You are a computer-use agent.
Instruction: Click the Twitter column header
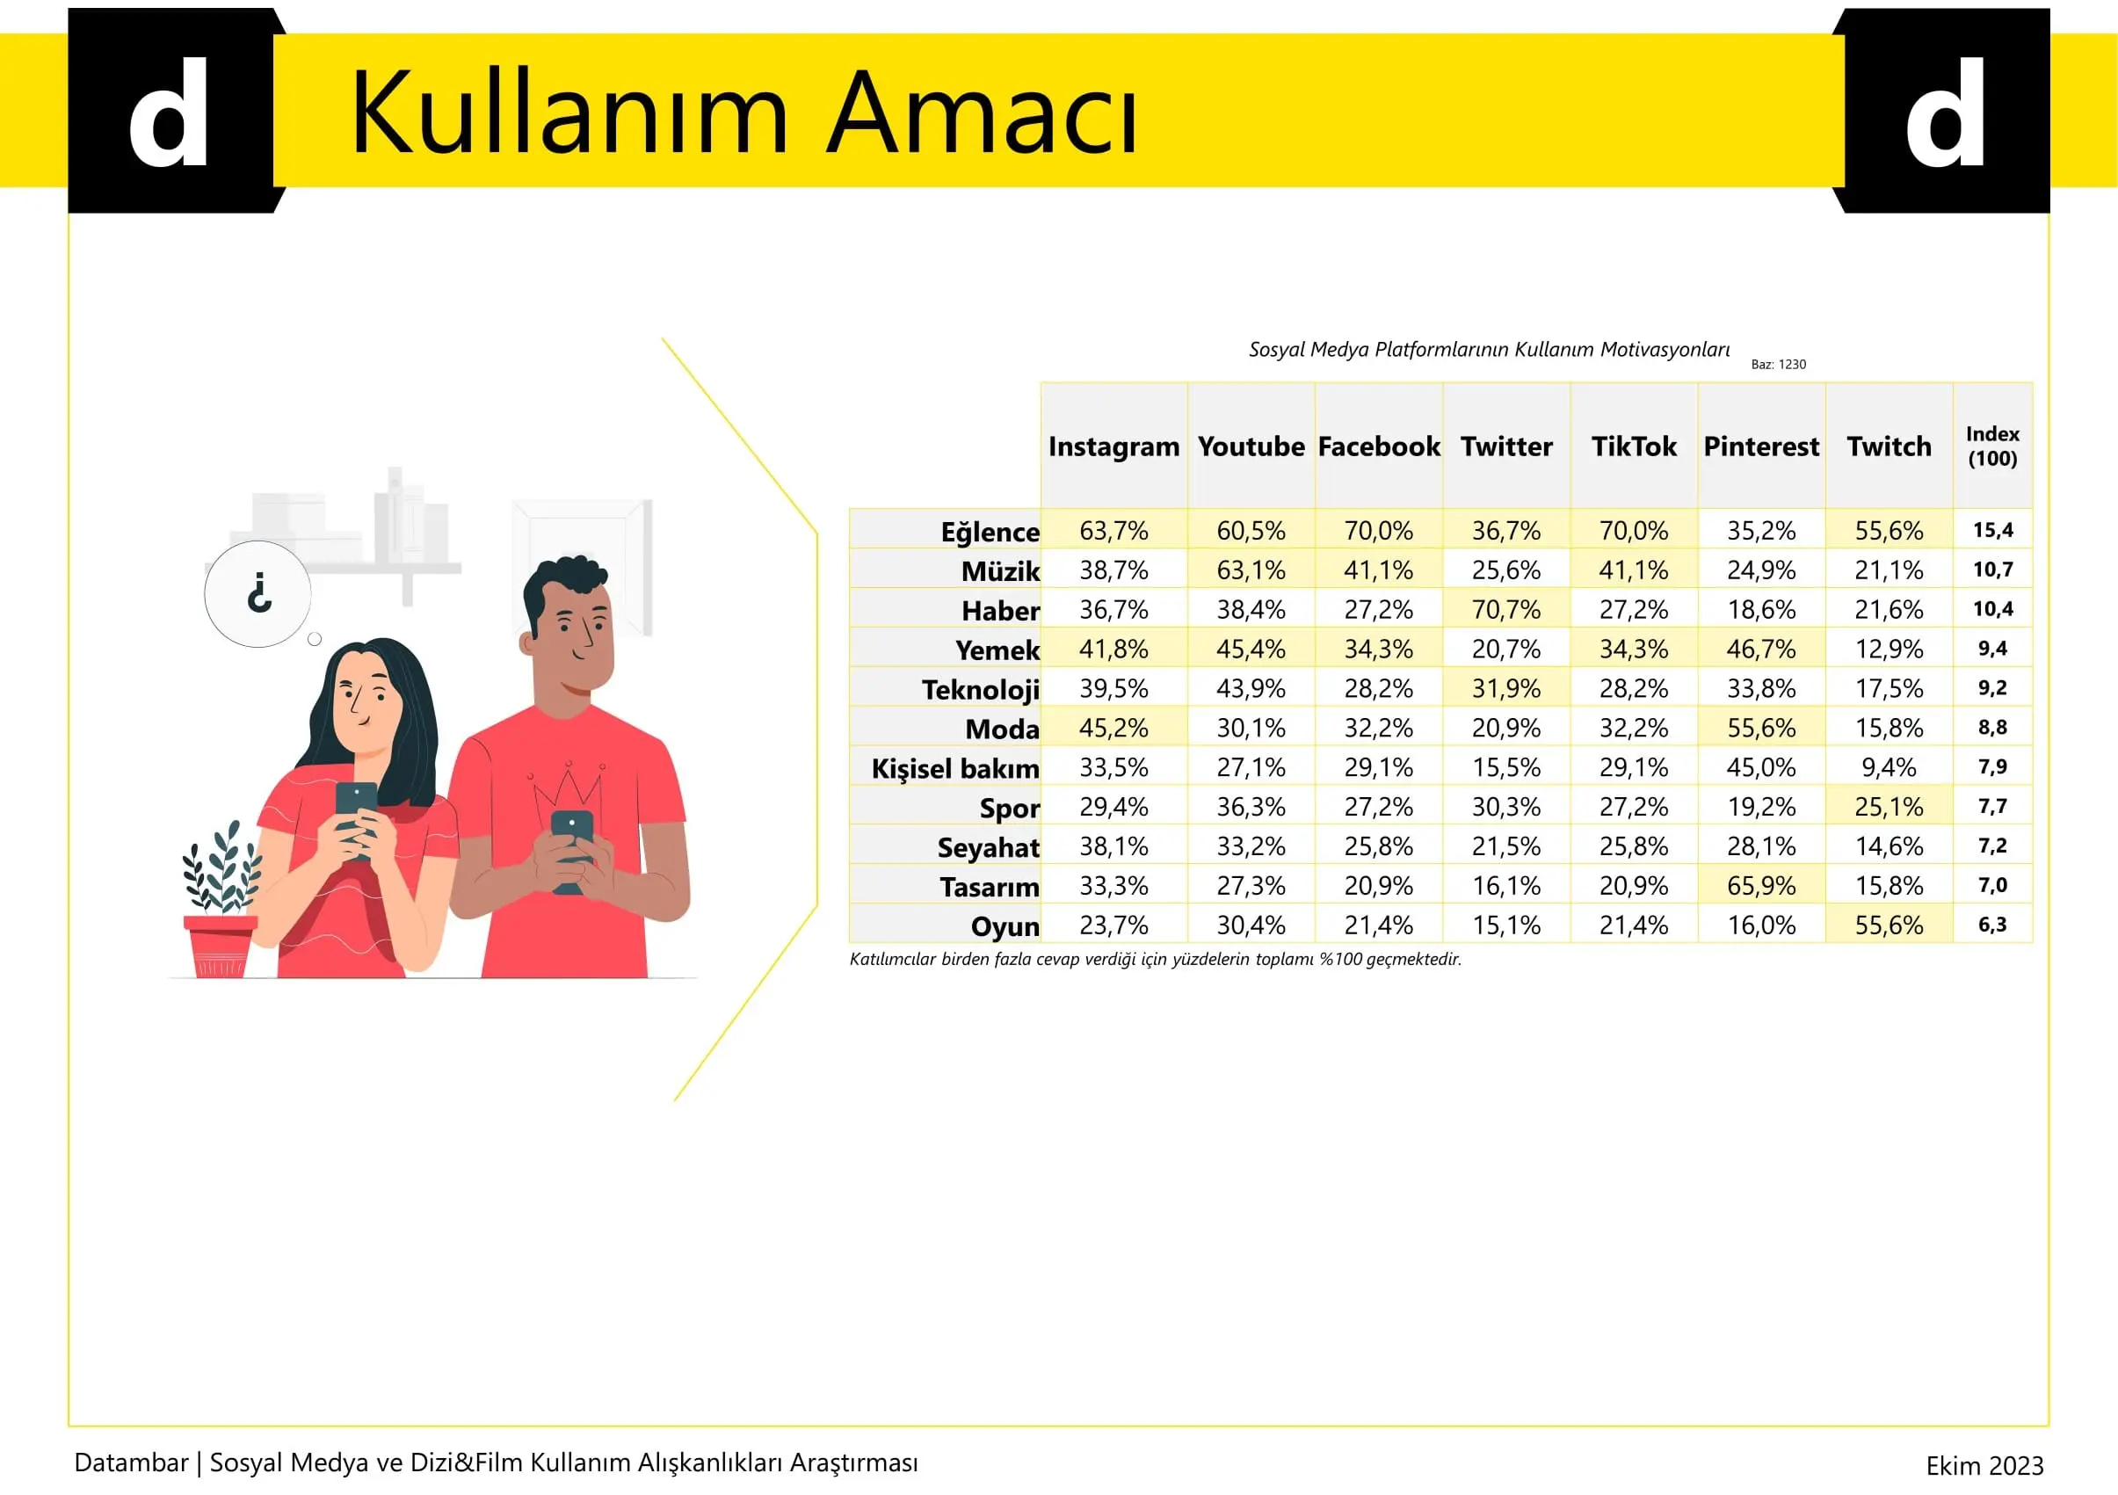pyautogui.click(x=1506, y=446)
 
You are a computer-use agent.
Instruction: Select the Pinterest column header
pyautogui.click(x=1761, y=446)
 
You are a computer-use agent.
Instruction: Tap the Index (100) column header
pyautogui.click(x=1992, y=446)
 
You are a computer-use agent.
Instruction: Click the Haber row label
pyautogui.click(x=1001, y=611)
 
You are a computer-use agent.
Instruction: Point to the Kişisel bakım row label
pyautogui.click(x=955, y=768)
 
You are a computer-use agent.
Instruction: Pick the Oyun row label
pyautogui.click(x=1005, y=926)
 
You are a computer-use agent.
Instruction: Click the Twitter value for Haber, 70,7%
pyautogui.click(x=1506, y=610)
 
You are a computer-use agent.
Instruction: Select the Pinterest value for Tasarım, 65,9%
pyautogui.click(x=1761, y=885)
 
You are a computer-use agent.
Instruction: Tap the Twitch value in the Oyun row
pyautogui.click(x=1890, y=925)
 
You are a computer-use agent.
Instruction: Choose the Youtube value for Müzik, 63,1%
pyautogui.click(x=1251, y=570)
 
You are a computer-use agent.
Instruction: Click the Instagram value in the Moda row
pyautogui.click(x=1113, y=728)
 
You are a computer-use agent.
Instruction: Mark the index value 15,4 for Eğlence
pyautogui.click(x=1992, y=530)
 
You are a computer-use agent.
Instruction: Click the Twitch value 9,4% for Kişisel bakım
pyautogui.click(x=1890, y=767)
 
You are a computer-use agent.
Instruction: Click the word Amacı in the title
pyautogui.click(x=982, y=112)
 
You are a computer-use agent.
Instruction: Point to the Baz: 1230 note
pyautogui.click(x=1779, y=364)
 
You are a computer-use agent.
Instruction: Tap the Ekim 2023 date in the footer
pyautogui.click(x=1984, y=1465)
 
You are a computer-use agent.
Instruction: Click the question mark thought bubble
pyautogui.click(x=258, y=594)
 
